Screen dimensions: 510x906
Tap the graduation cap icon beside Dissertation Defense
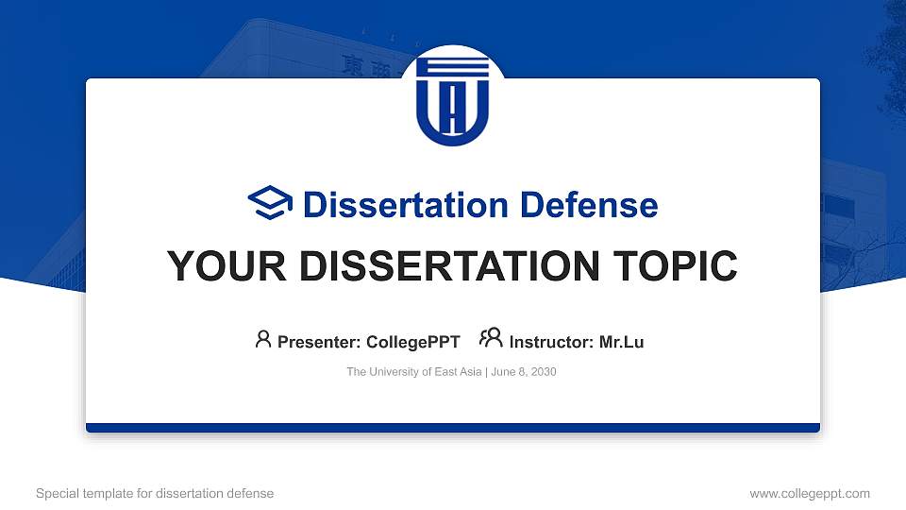tap(270, 204)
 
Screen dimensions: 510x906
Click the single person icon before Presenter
tap(263, 339)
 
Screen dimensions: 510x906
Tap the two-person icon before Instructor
tap(491, 338)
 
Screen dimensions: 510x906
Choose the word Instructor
tap(550, 342)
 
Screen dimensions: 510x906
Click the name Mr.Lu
tap(621, 342)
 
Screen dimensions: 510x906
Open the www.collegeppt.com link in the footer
tap(810, 493)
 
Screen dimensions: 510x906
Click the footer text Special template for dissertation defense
tap(155, 493)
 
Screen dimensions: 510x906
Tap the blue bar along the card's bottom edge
tap(453, 428)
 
